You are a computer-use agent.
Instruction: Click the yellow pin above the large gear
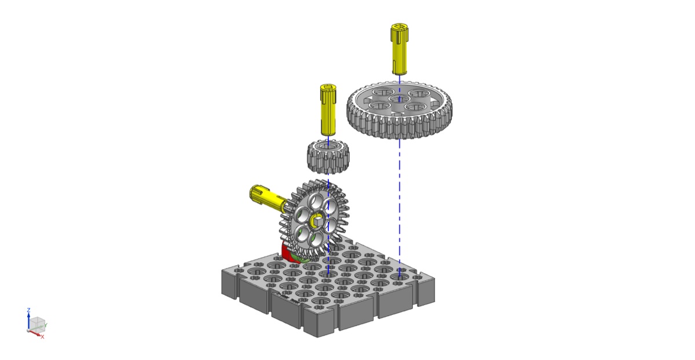399,49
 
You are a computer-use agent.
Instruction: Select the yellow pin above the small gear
328,109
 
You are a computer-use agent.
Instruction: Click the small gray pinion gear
328,157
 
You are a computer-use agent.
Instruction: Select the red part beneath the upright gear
288,254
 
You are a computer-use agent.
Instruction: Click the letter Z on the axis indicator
28,310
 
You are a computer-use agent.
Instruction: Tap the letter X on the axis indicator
42,337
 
